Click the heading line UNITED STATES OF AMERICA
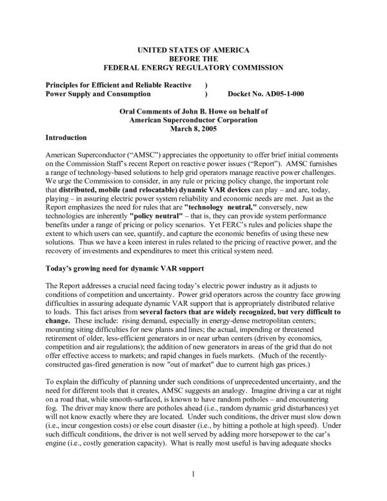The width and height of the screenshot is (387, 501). [x=193, y=50]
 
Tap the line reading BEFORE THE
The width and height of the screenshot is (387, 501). [x=193, y=58]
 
